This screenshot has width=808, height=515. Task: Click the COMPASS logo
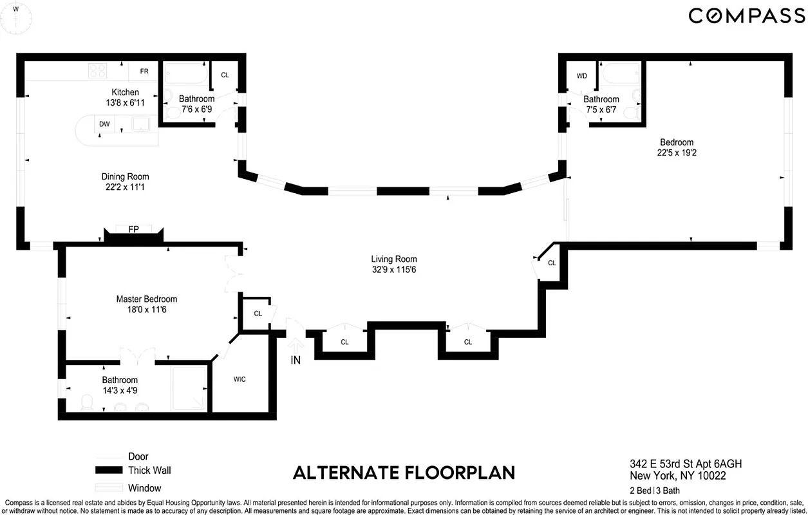point(746,15)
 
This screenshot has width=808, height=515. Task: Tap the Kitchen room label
point(125,92)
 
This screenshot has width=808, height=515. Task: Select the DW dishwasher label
point(104,124)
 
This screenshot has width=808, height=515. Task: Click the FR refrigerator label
point(144,71)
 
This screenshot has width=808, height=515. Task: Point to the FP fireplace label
point(134,229)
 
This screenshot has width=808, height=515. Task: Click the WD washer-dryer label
point(582,76)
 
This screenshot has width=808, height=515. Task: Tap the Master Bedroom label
point(146,299)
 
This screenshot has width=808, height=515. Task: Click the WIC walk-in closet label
point(240,379)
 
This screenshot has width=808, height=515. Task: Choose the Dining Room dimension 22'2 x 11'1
point(125,187)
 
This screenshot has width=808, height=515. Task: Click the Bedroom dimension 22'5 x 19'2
point(676,153)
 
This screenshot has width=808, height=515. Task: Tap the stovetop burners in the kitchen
point(98,71)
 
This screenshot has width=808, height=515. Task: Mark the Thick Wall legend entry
point(149,471)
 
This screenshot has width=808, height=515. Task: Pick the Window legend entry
point(144,488)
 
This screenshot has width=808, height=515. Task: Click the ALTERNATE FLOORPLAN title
point(404,473)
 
